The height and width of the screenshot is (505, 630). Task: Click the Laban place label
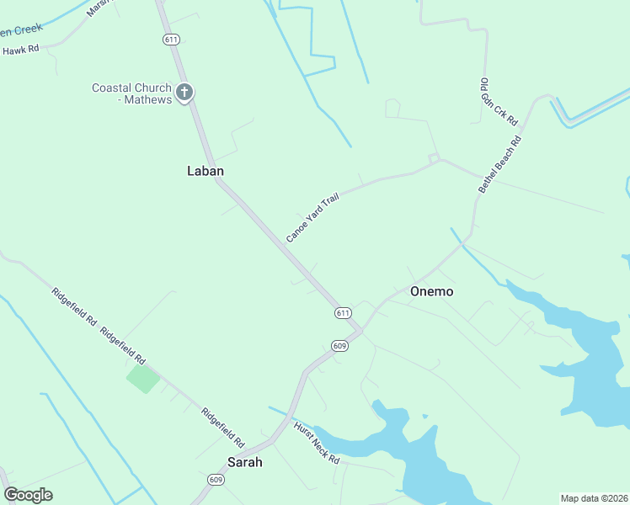click(x=205, y=171)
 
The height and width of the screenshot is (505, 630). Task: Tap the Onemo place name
click(x=431, y=292)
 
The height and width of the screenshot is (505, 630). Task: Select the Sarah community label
click(x=245, y=462)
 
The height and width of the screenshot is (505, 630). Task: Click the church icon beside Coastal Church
click(x=184, y=91)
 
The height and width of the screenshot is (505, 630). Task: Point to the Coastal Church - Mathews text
click(x=132, y=93)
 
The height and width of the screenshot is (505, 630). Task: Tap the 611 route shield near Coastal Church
click(x=172, y=40)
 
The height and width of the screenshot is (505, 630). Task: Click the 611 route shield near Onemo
click(x=342, y=312)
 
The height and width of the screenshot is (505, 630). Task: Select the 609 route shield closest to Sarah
click(x=216, y=480)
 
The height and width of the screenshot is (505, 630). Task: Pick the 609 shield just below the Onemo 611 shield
click(x=339, y=345)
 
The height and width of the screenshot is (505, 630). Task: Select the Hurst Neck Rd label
click(x=316, y=444)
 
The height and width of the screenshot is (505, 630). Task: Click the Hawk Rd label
click(x=21, y=50)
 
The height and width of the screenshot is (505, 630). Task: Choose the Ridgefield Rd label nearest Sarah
click(x=222, y=427)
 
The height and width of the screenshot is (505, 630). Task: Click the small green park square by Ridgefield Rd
click(x=142, y=378)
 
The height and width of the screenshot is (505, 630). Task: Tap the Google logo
click(x=28, y=494)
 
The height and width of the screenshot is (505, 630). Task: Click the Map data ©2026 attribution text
click(x=593, y=498)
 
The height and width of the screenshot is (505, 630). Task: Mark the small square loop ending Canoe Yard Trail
click(x=434, y=158)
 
